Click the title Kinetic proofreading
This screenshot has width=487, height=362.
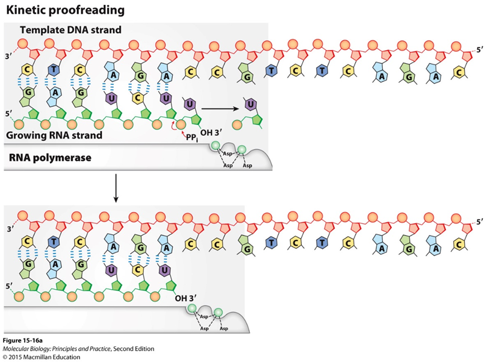(65, 10)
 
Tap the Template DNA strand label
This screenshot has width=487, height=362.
(70, 30)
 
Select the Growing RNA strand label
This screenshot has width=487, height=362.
(54, 135)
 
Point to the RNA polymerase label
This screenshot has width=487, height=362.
(50, 158)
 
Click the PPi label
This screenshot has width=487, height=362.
(192, 137)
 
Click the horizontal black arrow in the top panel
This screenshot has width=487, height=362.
(220, 109)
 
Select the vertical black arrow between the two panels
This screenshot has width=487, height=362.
(116, 189)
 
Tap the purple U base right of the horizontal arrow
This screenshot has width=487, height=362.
(250, 104)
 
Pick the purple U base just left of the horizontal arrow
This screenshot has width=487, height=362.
(190, 104)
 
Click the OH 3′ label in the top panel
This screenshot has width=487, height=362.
(211, 133)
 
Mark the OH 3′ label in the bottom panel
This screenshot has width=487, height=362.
(186, 298)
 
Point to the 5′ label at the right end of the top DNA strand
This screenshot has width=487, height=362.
(480, 50)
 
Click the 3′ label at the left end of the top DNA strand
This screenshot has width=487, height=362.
(8, 57)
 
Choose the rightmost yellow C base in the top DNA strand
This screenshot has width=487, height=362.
(459, 72)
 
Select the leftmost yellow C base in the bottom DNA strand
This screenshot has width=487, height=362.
(27, 242)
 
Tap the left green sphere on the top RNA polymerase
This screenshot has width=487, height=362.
(216, 145)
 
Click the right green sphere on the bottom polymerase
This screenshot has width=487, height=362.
(219, 312)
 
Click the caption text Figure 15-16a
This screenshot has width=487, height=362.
(23, 340)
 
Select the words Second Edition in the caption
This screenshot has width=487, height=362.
(134, 349)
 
